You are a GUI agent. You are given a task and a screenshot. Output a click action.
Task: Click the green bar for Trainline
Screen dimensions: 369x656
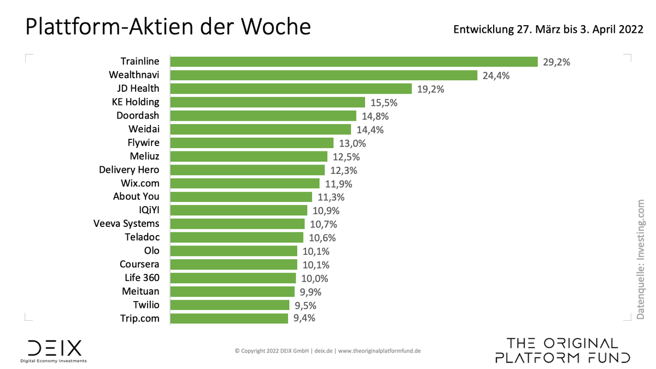[354, 62]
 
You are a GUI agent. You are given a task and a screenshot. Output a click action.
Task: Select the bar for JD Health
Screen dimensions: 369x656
[291, 89]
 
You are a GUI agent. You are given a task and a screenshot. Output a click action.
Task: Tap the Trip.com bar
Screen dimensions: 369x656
[229, 318]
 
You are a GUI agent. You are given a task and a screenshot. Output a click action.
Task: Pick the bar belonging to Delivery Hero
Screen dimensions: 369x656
[248, 170]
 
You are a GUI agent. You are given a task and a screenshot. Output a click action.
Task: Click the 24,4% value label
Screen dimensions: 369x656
[496, 75]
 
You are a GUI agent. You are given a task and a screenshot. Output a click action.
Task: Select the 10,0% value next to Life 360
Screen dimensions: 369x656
[314, 278]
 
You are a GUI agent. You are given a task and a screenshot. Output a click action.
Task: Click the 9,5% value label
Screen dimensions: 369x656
[304, 305]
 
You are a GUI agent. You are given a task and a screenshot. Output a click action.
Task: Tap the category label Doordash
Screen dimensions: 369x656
[138, 115]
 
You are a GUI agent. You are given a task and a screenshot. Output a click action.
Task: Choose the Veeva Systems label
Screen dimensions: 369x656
[126, 224]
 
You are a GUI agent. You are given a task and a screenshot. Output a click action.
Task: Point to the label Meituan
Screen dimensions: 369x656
[140, 291]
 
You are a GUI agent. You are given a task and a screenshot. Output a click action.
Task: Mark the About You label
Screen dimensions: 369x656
[136, 197]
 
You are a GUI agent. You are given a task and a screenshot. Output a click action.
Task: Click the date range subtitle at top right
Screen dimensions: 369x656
[548, 30]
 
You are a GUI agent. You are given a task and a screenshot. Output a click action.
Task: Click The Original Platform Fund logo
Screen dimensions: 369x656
[563, 350]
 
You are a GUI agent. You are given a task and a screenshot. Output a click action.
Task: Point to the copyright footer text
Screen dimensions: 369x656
[327, 351]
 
